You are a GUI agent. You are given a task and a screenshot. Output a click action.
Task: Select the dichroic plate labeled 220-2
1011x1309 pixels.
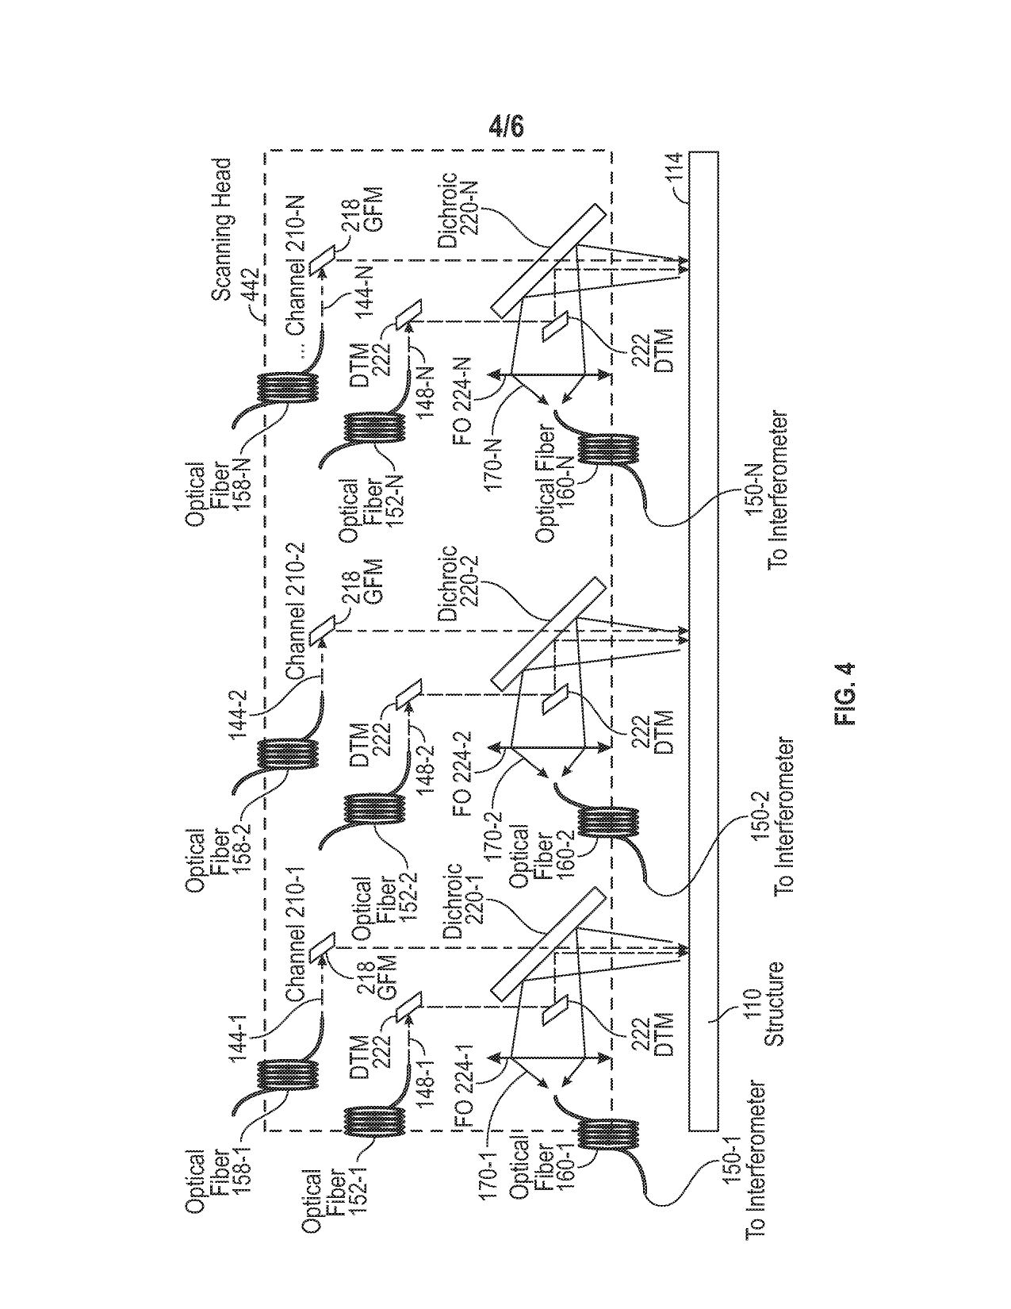pos(544,632)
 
